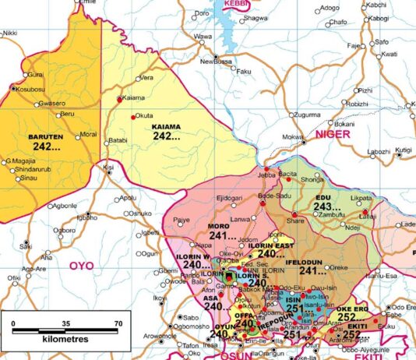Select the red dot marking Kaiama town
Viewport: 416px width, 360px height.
[119, 99]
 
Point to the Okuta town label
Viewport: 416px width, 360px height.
[144, 116]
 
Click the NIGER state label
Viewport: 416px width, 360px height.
[334, 135]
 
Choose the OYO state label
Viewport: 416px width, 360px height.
[80, 266]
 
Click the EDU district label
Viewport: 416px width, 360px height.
[322, 198]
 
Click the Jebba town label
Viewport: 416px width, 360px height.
[268, 176]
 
